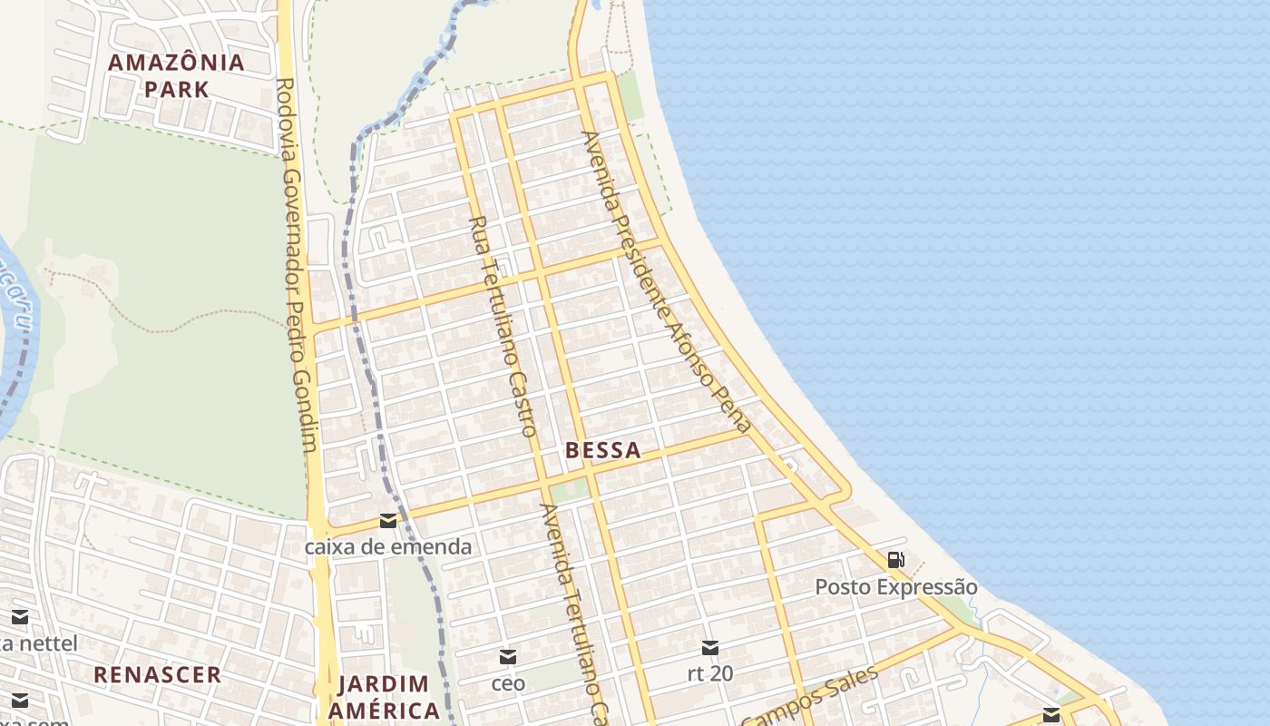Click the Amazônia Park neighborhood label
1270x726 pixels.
[x=177, y=75]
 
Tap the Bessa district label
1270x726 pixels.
[x=602, y=449]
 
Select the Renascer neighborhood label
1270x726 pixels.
[x=158, y=674]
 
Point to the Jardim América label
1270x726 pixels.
[x=383, y=696]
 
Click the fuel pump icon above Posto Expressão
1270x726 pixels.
[x=895, y=560]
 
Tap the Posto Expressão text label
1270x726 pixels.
[x=895, y=587]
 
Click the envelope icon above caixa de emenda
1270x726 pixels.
[x=388, y=521]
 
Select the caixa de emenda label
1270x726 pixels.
[x=387, y=546]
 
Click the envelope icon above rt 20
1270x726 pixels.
[x=710, y=648]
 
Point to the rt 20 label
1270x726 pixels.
[x=710, y=673]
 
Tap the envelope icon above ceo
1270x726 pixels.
[x=508, y=657]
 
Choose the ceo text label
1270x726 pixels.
[x=508, y=682]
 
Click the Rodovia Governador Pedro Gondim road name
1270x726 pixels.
[x=297, y=263]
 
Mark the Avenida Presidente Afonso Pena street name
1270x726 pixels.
[x=667, y=281]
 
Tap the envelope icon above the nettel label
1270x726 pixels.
[x=20, y=618]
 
